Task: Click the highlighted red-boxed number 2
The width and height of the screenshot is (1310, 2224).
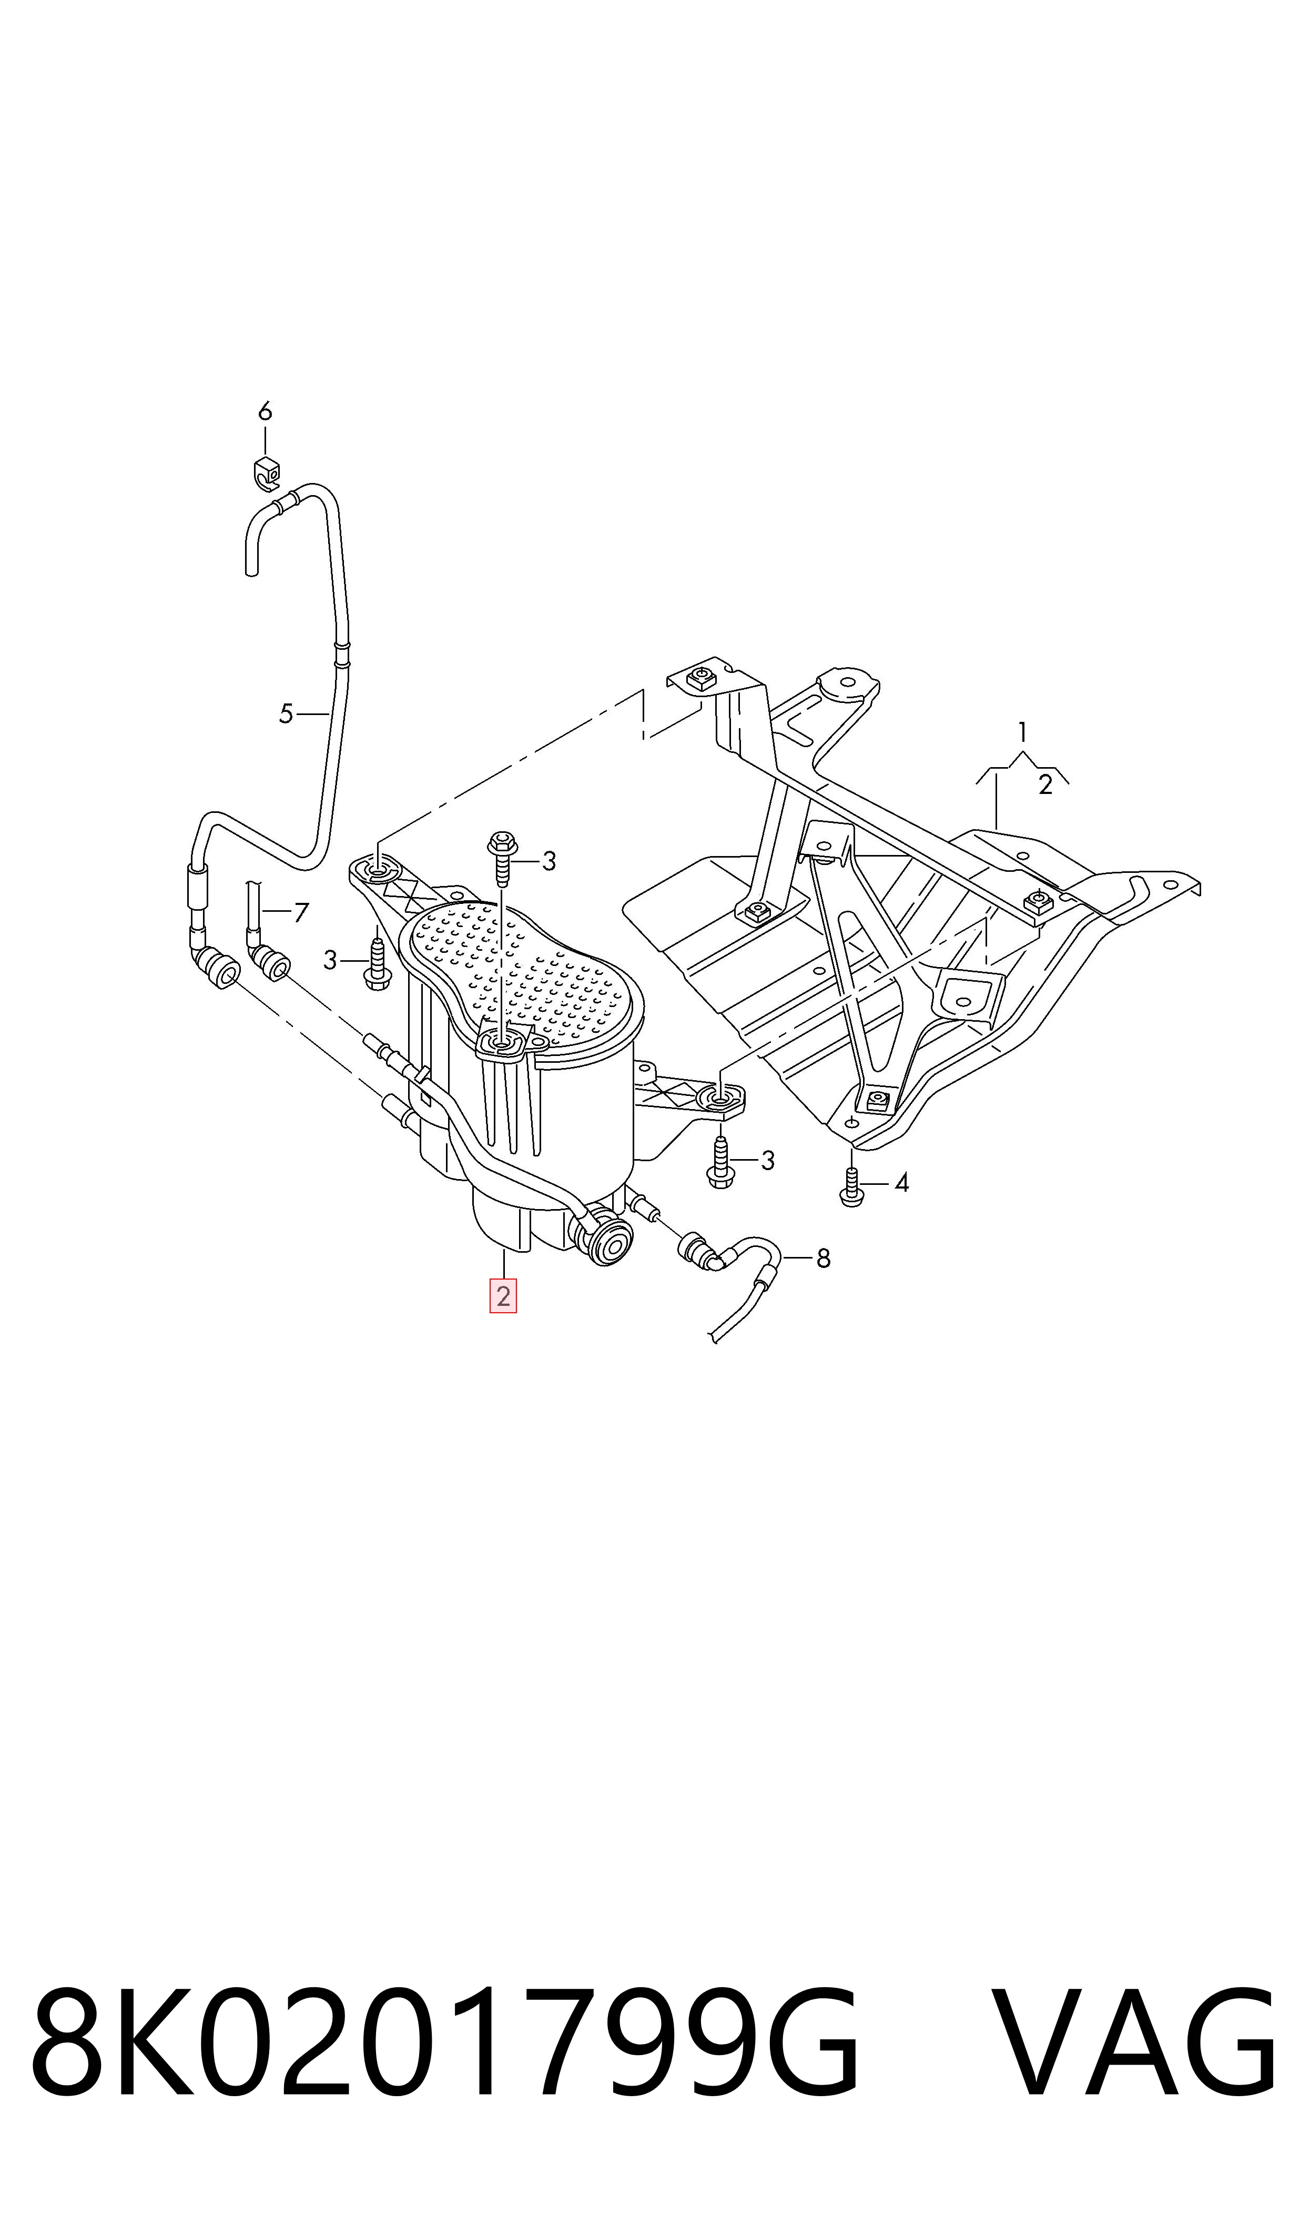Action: (503, 1296)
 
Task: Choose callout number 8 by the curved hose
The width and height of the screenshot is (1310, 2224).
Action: (822, 1258)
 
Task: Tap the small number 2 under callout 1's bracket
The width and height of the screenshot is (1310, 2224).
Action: (1045, 785)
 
